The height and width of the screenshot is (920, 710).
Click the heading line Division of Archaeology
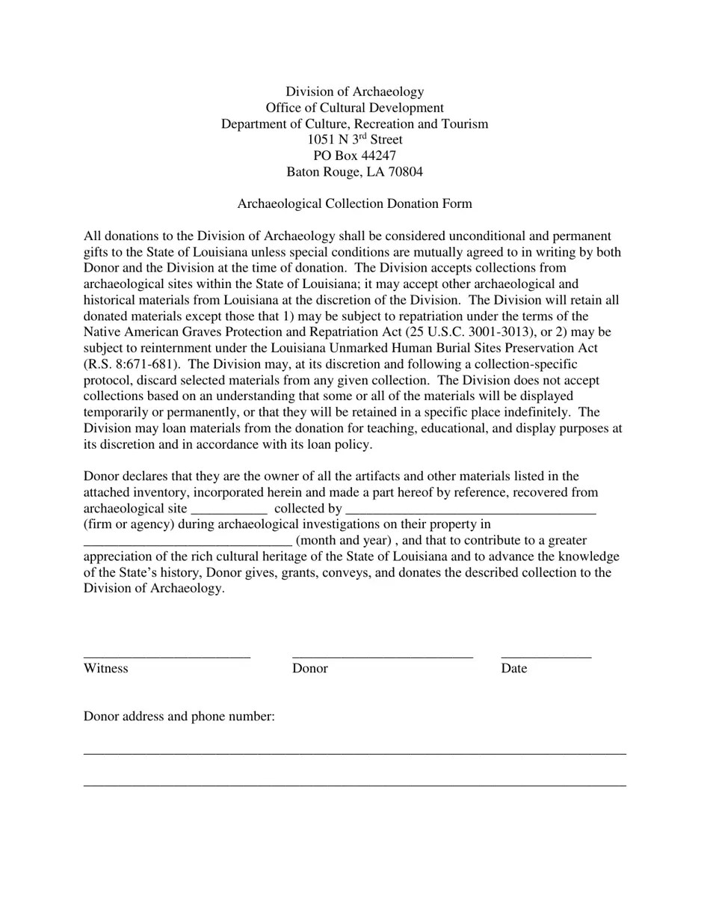coord(354,92)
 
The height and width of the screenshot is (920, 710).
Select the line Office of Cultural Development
coord(354,108)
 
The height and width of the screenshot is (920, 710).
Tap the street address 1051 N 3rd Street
coord(354,140)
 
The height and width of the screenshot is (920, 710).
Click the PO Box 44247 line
coord(354,156)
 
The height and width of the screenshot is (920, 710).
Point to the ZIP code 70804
coord(404,172)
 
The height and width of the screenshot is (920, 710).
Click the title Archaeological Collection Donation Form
coord(354,203)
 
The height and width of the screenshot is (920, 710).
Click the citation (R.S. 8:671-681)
coord(130,364)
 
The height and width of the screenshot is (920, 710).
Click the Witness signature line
coord(167,656)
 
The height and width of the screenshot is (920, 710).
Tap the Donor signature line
coord(382,656)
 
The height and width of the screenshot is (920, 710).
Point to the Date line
coord(546,656)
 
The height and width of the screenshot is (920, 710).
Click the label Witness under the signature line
coord(105,669)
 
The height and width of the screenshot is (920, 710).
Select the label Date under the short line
coord(513,669)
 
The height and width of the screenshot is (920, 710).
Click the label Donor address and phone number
coord(179,717)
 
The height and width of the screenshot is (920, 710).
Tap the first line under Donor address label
coord(354,752)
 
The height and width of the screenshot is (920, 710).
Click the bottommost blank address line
coord(354,785)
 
